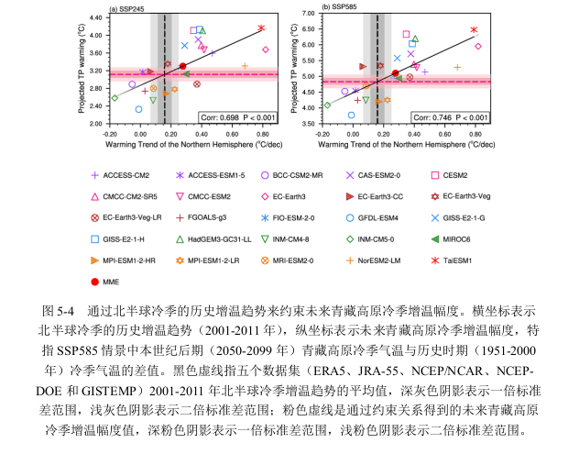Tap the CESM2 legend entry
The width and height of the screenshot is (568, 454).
pyautogui.click(x=467, y=174)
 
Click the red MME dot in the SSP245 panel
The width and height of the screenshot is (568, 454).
pyautogui.click(x=182, y=66)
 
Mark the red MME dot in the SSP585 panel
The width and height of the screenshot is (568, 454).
pyautogui.click(x=395, y=72)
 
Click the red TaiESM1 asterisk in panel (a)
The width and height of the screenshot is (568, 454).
pyautogui.click(x=261, y=28)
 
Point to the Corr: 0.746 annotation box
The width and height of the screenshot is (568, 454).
pyautogui.click(x=452, y=117)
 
